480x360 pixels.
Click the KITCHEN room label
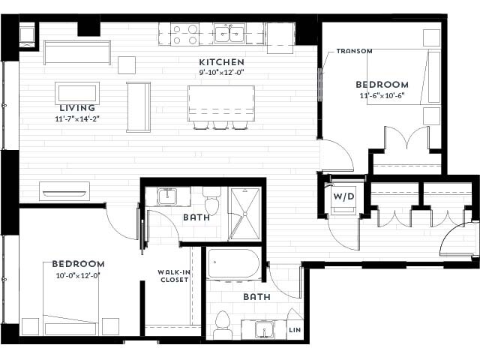[x=221, y=61]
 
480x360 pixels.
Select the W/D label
[x=343, y=196]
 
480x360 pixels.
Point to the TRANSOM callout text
[x=355, y=51]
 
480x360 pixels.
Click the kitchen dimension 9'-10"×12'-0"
[x=221, y=73]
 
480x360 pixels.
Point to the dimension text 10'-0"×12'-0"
[x=78, y=275]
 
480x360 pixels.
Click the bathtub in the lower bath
[x=233, y=264]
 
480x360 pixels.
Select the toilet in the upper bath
[x=212, y=203]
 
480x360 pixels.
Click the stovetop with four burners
[x=184, y=34]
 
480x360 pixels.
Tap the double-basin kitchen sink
[x=229, y=34]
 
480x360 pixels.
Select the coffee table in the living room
[x=77, y=94]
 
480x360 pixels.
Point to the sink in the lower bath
[x=262, y=329]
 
